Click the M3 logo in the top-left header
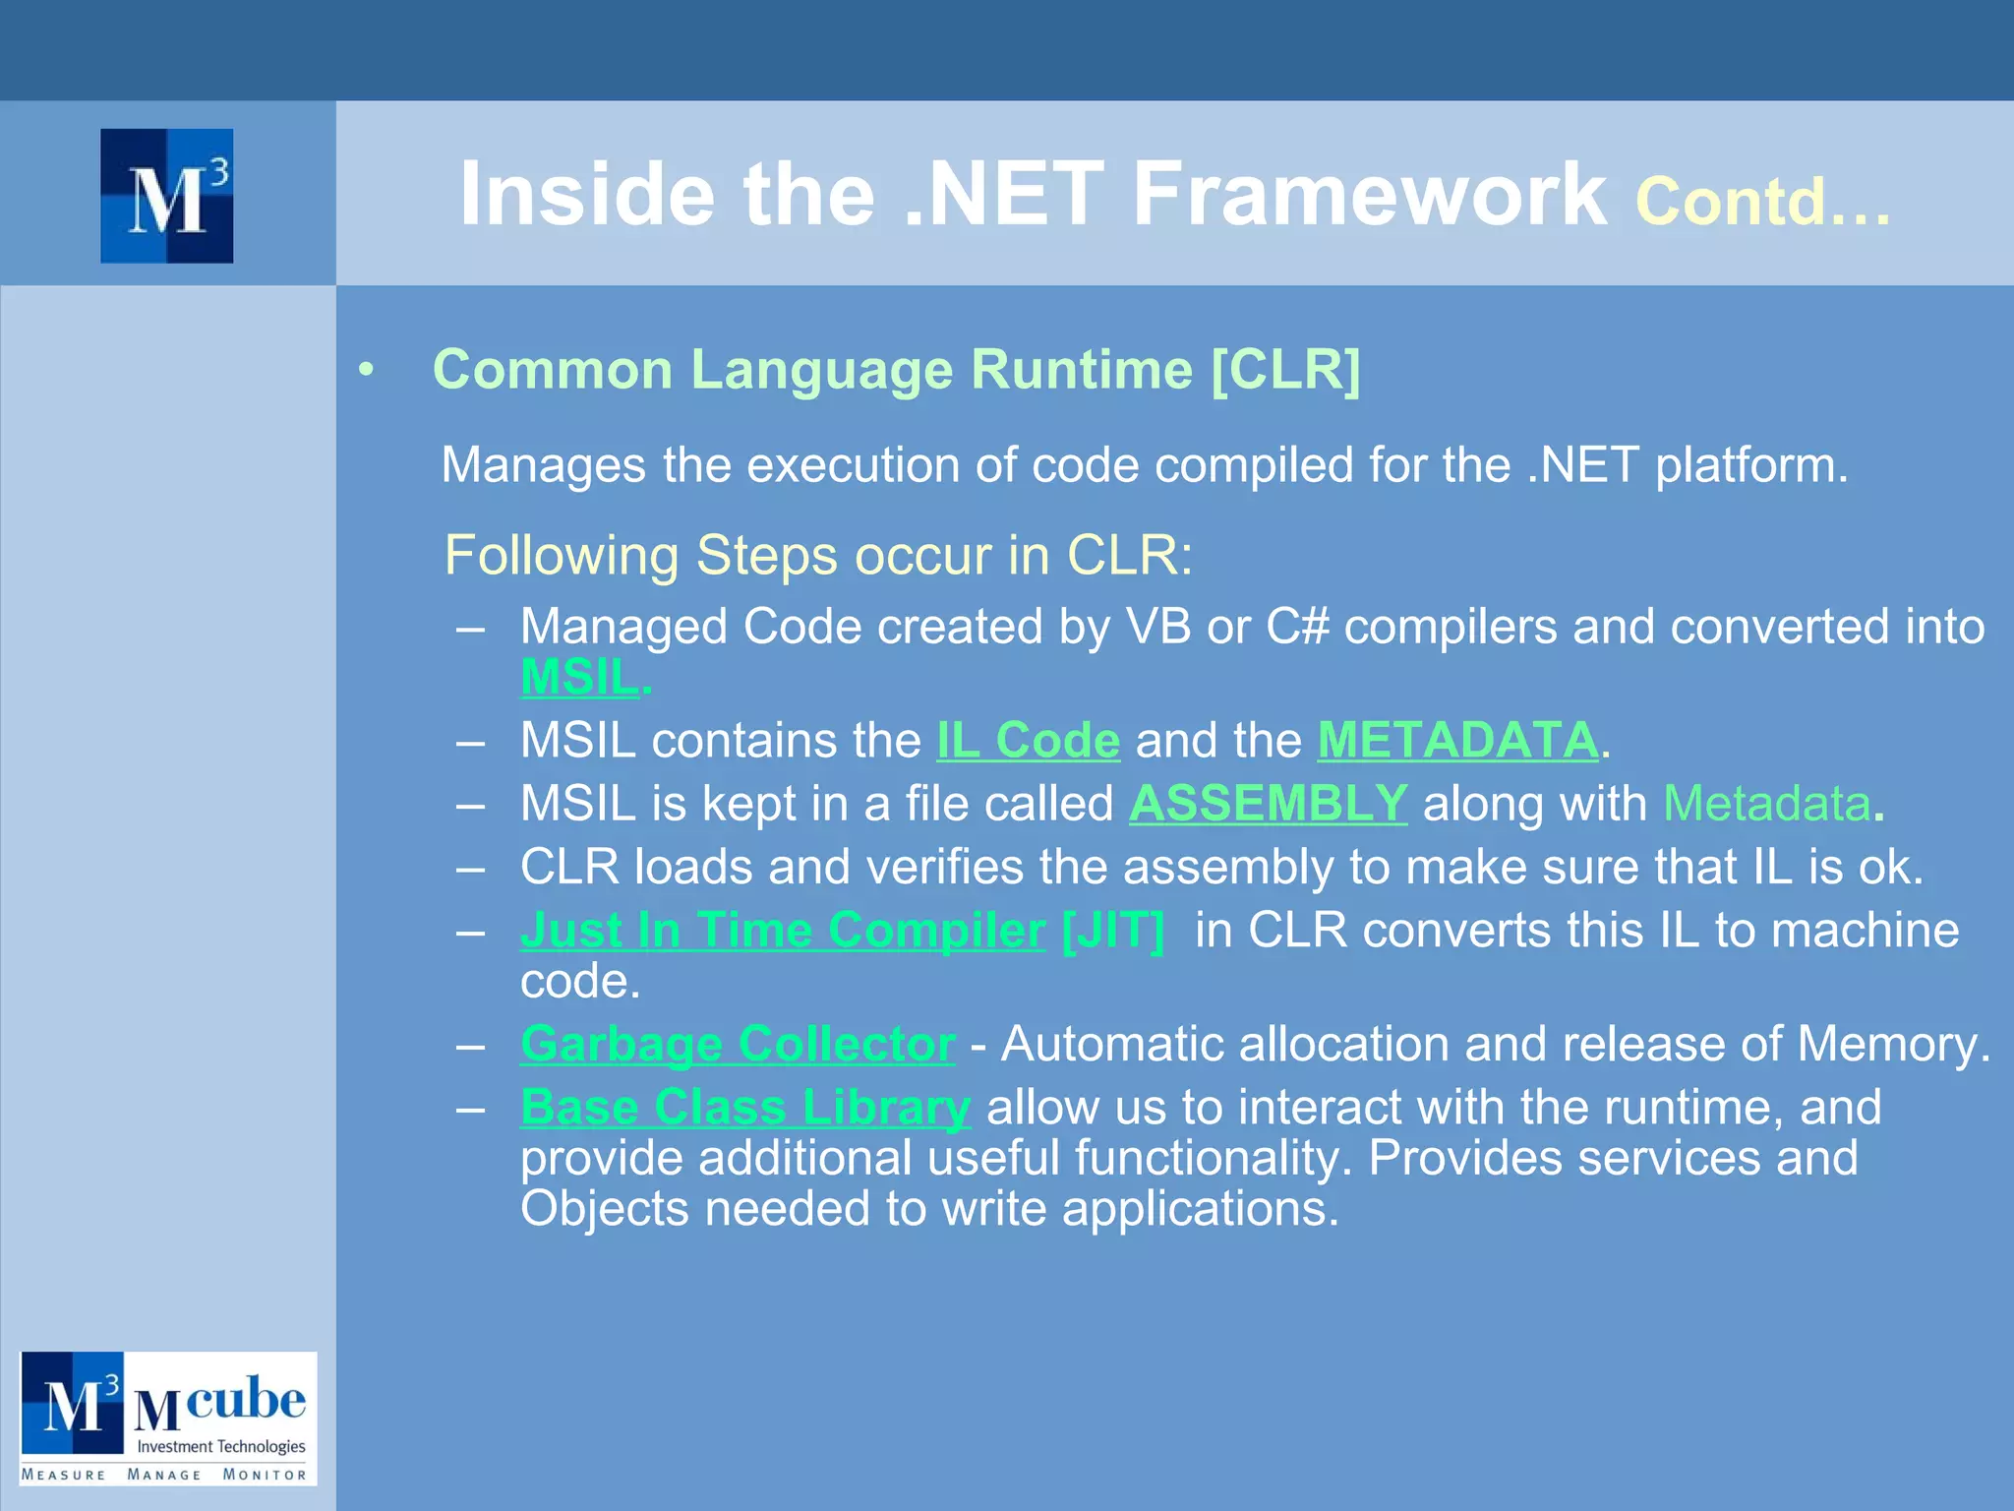point(167,196)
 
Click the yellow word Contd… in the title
point(1761,202)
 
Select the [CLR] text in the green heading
point(1285,370)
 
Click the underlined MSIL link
point(579,678)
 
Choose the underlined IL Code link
point(1028,741)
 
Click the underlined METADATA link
point(1457,741)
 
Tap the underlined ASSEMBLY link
point(1268,804)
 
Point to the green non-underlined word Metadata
point(1766,804)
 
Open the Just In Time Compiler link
point(782,931)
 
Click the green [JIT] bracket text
point(1113,931)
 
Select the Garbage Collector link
point(738,1044)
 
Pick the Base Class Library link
point(745,1108)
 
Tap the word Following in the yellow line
point(562,556)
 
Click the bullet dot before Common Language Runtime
point(367,371)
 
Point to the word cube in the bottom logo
point(246,1398)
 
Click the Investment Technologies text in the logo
point(221,1446)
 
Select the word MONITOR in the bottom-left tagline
point(265,1475)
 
